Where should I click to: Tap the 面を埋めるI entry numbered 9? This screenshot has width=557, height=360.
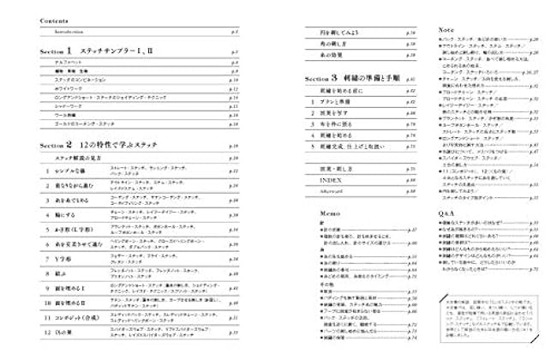tap(69, 291)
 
